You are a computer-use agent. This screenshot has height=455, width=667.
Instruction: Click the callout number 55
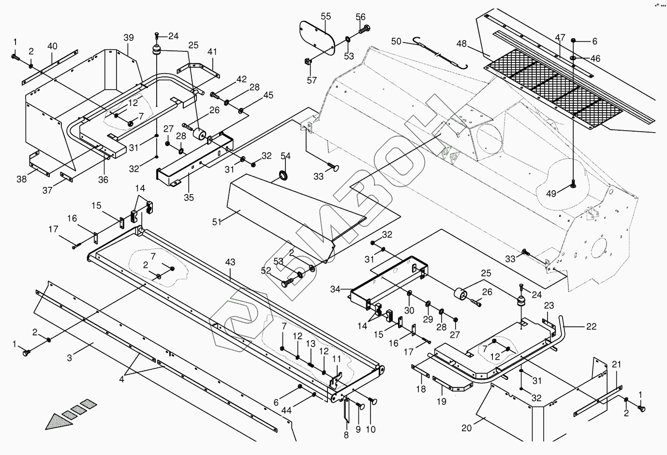point(326,16)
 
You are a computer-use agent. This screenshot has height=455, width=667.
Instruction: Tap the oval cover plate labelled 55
point(317,38)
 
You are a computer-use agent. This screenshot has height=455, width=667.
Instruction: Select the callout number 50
point(396,42)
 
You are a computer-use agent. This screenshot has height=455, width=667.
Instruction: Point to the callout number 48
point(461,44)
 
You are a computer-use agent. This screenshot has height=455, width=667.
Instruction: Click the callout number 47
point(560,38)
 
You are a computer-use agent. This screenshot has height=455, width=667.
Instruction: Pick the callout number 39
point(129,38)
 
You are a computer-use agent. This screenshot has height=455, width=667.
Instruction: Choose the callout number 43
point(230,262)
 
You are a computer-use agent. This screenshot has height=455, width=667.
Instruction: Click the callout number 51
point(217,222)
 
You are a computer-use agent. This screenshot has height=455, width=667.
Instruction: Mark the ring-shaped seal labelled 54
point(283,176)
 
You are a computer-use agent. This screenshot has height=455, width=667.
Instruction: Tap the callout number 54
point(285,156)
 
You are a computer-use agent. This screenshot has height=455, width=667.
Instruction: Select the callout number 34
point(335,289)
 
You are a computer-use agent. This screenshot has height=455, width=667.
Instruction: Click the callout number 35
point(189,197)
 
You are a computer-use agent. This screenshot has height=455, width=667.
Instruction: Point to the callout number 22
point(591,327)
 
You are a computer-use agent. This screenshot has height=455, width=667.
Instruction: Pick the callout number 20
point(467,428)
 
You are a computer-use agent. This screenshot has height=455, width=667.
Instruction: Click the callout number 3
point(69,358)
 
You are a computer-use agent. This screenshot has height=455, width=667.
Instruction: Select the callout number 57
point(312,80)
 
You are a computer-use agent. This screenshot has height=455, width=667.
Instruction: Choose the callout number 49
point(551,194)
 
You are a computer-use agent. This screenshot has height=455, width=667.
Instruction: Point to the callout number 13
point(311,344)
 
